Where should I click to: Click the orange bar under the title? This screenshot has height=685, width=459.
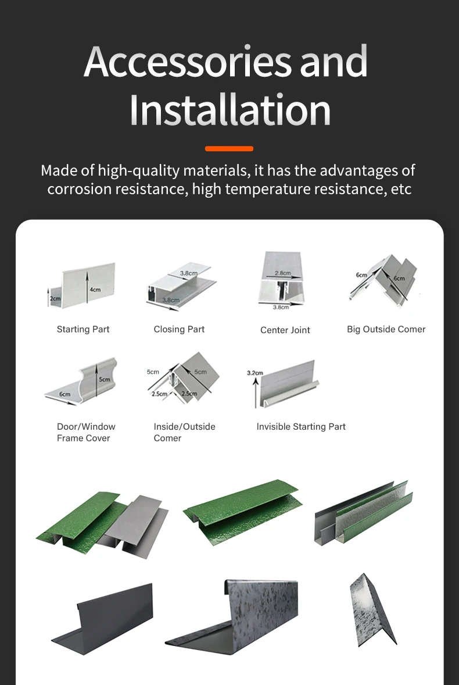(229, 148)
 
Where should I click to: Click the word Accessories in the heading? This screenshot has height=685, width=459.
(187, 62)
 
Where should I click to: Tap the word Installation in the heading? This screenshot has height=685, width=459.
(229, 109)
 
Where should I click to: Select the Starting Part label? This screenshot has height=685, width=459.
(83, 329)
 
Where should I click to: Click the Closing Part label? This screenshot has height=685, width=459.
(179, 329)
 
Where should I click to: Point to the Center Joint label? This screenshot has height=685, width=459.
(285, 330)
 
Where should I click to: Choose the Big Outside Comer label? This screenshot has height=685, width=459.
(386, 329)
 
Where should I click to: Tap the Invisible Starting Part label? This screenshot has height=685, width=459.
(301, 427)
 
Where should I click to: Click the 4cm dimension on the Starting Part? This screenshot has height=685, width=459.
(95, 290)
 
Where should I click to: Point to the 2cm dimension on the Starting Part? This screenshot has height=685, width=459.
(55, 298)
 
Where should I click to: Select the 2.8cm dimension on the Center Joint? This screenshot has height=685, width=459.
(283, 273)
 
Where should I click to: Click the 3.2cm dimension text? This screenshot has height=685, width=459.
(255, 373)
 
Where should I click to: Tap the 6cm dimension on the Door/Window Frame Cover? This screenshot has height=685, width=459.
(64, 394)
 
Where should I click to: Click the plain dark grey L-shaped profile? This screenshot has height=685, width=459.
(103, 619)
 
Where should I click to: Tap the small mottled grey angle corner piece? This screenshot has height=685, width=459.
(372, 610)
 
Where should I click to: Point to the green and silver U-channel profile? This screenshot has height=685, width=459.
(364, 512)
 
